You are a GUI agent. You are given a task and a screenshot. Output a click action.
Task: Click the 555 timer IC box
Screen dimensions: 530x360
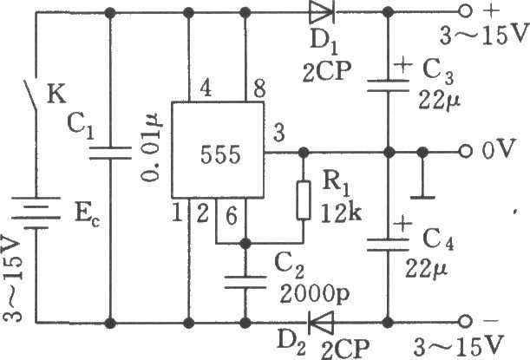point(218,150)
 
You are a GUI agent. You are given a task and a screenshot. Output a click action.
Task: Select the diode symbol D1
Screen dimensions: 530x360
point(322,13)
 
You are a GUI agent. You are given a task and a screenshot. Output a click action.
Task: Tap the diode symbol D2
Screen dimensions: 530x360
point(320,323)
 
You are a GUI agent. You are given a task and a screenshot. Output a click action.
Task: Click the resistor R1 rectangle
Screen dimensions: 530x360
point(304,200)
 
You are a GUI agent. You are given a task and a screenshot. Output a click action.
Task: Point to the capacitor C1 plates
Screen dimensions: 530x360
point(109,153)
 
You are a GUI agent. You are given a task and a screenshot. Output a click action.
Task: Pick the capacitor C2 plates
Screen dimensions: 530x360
point(245,283)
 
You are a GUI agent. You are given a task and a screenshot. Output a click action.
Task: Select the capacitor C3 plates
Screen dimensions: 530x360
point(388,86)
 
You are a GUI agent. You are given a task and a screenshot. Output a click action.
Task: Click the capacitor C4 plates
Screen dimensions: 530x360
point(388,245)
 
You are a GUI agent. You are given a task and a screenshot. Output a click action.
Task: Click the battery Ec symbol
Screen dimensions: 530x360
point(36,213)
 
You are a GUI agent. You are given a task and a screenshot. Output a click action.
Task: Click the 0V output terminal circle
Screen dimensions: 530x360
point(465,152)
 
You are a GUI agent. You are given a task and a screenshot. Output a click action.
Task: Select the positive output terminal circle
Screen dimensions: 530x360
point(465,11)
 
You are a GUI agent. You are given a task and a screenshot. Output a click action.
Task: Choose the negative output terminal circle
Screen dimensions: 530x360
point(465,322)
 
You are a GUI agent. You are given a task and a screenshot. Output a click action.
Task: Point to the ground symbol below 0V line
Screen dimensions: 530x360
point(422,197)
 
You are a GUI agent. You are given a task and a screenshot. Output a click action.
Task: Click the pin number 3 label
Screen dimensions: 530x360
point(278,133)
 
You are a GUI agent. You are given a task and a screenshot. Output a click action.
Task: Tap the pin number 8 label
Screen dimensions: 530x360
point(258,89)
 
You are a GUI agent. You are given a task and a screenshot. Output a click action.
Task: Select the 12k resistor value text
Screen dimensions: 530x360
point(341,213)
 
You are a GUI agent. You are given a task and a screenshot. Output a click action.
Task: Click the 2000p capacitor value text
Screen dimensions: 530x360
point(314,295)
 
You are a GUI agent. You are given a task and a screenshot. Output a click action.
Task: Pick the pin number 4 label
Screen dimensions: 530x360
point(206,88)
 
